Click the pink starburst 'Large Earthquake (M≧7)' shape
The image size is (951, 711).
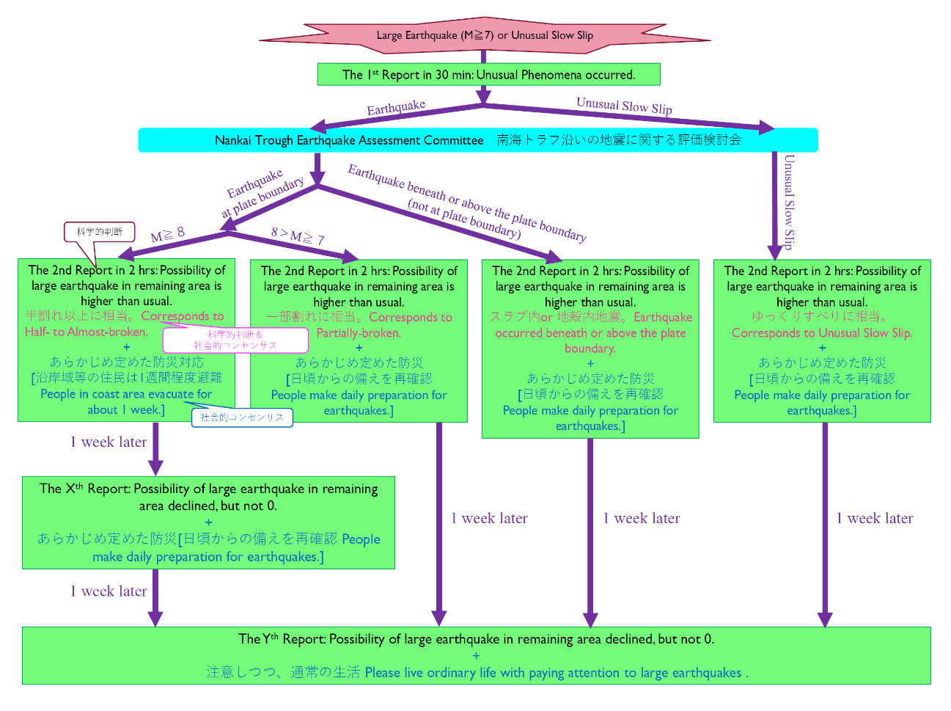click(485, 35)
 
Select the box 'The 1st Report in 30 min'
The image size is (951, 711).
click(489, 75)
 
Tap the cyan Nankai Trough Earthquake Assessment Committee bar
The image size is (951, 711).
click(478, 140)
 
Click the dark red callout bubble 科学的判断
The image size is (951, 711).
click(99, 232)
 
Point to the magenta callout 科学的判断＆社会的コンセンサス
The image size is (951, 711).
click(235, 340)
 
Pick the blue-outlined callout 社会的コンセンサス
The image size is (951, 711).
click(242, 418)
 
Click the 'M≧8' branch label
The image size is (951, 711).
click(168, 235)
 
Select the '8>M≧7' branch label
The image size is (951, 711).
click(298, 236)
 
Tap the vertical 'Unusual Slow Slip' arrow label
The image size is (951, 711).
click(790, 202)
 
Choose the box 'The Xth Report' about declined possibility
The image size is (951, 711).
click(208, 523)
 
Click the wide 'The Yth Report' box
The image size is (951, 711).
click(476, 655)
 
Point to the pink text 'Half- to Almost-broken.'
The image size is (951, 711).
click(87, 332)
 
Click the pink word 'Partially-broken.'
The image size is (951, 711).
click(359, 333)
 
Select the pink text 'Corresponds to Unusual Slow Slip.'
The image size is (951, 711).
click(822, 333)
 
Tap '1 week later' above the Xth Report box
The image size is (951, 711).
click(109, 442)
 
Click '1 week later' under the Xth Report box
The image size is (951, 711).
click(109, 591)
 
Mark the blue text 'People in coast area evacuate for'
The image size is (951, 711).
click(126, 394)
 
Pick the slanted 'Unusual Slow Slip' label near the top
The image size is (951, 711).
click(624, 106)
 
